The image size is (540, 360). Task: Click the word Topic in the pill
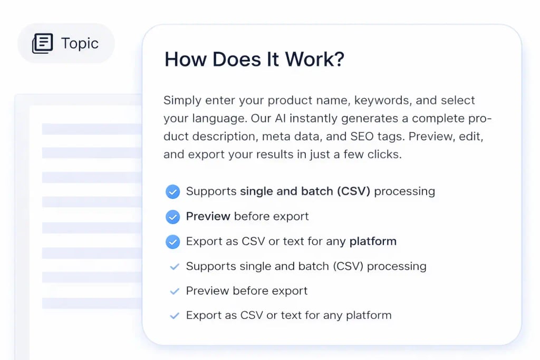[80, 43]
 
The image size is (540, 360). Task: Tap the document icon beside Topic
[43, 43]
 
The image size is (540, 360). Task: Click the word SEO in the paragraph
[363, 137]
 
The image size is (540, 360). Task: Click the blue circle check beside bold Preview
[172, 217]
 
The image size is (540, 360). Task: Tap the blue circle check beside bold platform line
[172, 242]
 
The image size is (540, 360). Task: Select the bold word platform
[373, 242]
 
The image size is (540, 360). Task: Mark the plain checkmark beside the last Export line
[174, 316]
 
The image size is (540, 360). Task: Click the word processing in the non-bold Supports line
[396, 267]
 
